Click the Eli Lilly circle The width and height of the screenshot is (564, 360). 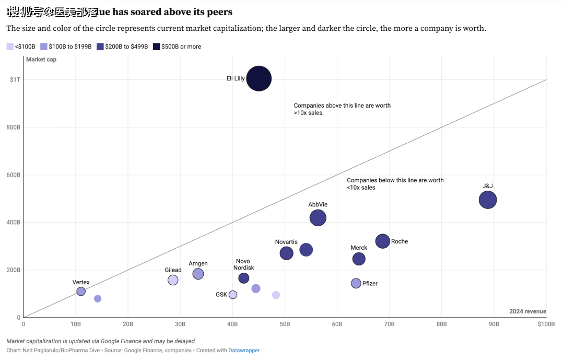tap(258, 79)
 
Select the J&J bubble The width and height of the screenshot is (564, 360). tap(487, 200)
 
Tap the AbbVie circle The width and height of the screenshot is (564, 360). tap(318, 217)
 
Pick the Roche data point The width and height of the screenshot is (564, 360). tap(383, 241)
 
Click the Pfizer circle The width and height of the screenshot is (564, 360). tap(356, 283)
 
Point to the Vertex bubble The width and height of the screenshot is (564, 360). tap(81, 291)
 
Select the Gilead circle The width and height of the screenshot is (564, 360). tap(173, 280)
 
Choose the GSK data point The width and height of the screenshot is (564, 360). tap(233, 295)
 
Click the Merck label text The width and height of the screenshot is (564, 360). tap(359, 248)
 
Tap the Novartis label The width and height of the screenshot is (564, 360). tap(286, 242)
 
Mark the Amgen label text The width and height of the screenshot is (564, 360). tap(198, 264)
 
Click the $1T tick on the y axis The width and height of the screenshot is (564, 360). tap(15, 79)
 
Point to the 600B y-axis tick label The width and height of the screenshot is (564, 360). tap(14, 175)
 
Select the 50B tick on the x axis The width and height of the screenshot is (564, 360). tap(285, 324)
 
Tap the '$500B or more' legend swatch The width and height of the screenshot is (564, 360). tap(156, 47)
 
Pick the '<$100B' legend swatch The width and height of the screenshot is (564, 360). tap(10, 47)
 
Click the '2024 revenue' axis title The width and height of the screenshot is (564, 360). tap(527, 311)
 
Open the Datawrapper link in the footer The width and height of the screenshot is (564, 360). tap(244, 350)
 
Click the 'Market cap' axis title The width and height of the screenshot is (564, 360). tap(41, 60)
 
